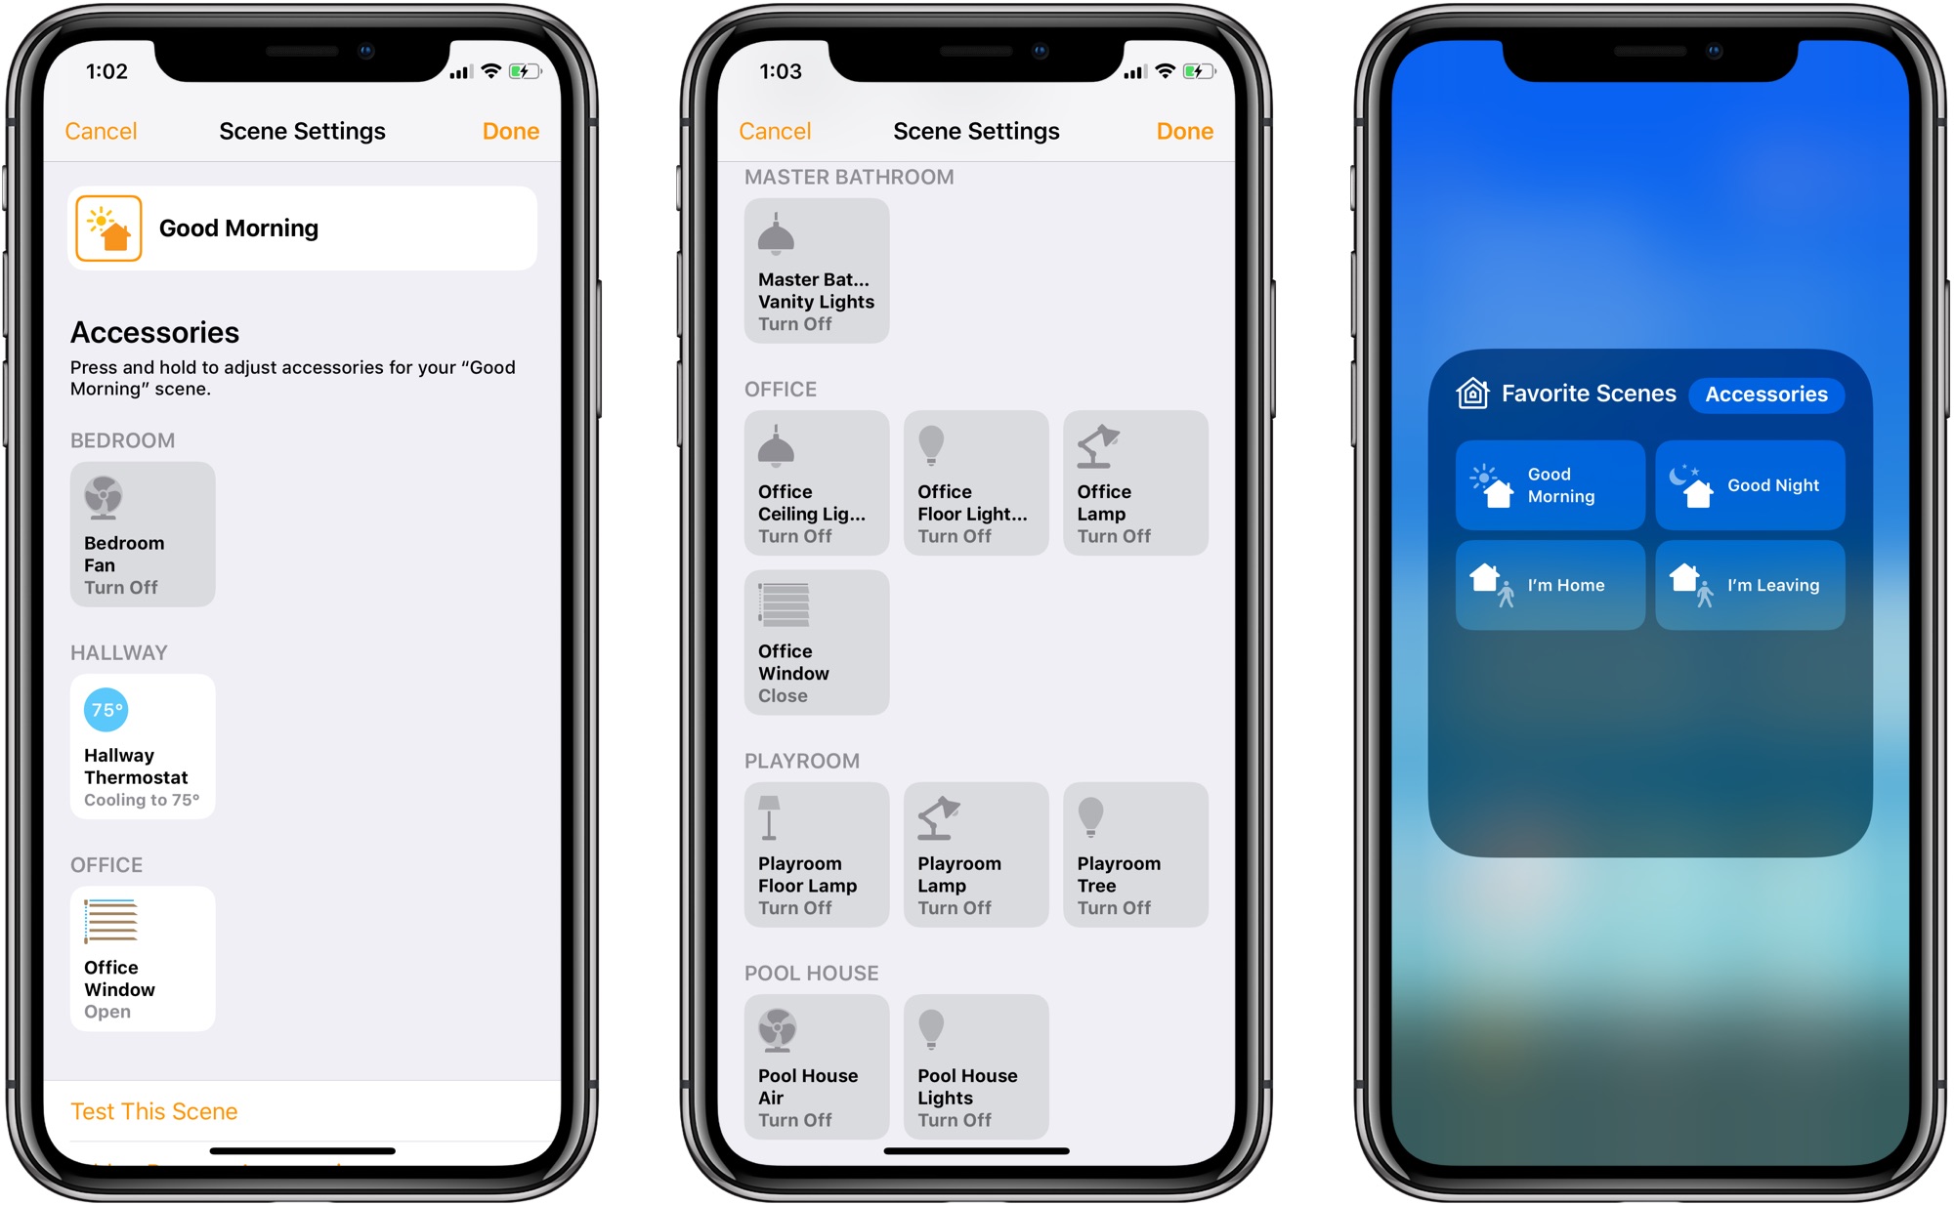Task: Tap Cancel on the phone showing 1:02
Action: tap(101, 131)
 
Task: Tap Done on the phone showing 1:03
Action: tap(1184, 131)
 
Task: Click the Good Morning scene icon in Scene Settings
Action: tap(108, 229)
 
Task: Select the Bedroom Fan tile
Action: tap(143, 534)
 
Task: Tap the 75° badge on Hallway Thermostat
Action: tap(106, 710)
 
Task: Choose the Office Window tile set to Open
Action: tap(143, 958)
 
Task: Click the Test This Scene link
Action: tap(154, 1111)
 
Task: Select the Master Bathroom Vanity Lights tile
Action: tap(817, 270)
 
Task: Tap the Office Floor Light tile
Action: tap(976, 482)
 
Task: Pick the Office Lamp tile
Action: tap(1135, 482)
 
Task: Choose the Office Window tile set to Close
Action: tap(817, 643)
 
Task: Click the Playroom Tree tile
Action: tap(1135, 854)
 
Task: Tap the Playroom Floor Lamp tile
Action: tap(817, 854)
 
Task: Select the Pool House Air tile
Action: tap(817, 1066)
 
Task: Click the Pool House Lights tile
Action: tap(976, 1066)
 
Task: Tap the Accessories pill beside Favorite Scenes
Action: tap(1766, 395)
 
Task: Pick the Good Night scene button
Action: tap(1750, 485)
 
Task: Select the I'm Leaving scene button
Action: tap(1750, 585)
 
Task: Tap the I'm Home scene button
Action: tap(1550, 585)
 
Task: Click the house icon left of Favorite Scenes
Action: tap(1472, 394)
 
